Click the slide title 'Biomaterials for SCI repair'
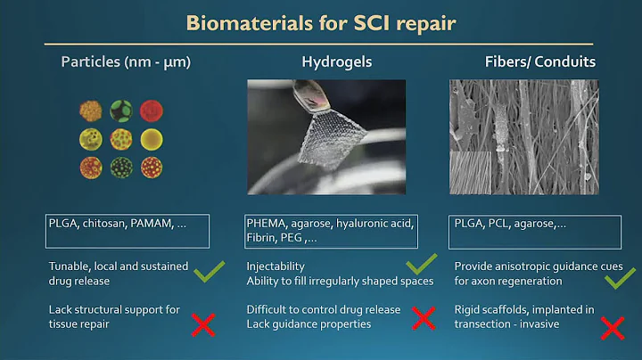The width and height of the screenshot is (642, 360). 320,22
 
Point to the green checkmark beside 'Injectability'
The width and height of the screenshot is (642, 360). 421,266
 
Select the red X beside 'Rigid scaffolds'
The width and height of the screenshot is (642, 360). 612,327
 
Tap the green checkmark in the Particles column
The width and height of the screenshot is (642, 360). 207,271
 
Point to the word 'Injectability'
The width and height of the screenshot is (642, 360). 276,266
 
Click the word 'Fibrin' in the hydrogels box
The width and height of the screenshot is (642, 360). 261,239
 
